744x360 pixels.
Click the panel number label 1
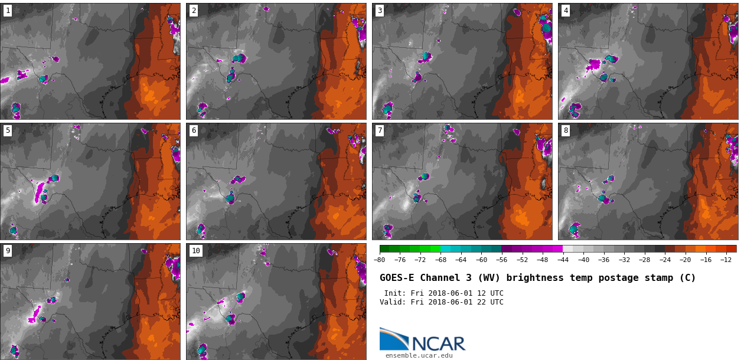click(8, 11)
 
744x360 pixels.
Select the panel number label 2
click(194, 11)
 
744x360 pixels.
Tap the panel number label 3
click(380, 11)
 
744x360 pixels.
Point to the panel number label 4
click(566, 11)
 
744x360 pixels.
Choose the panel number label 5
click(8, 130)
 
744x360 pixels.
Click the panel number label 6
click(194, 130)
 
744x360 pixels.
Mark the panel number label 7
click(380, 130)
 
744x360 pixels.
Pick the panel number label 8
click(566, 130)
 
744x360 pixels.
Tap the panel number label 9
click(8, 251)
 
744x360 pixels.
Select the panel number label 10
click(196, 251)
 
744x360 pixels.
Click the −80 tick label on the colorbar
click(380, 260)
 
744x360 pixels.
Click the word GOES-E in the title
click(397, 278)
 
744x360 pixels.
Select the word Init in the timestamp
click(394, 293)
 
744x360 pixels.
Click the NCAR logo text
click(438, 343)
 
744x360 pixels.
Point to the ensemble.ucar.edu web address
click(419, 355)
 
